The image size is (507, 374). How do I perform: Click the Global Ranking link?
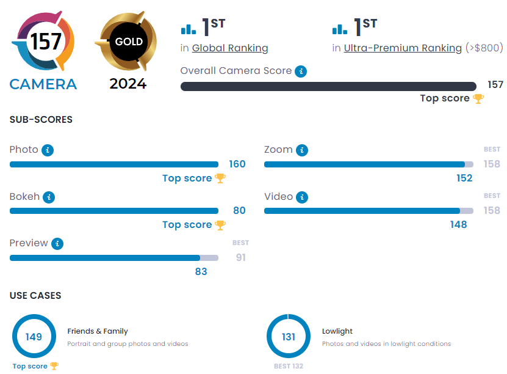pos(230,48)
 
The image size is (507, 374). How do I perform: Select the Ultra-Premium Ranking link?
pos(403,48)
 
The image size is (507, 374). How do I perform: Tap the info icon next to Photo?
pos(48,150)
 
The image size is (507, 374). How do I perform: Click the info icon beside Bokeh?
pos(49,197)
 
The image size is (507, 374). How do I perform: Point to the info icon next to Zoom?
pos(302,150)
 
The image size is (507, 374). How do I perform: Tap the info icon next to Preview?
pos(57,243)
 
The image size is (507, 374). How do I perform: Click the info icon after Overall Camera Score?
pos(301,71)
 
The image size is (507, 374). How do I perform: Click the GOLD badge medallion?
pos(128,42)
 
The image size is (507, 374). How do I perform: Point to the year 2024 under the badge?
pos(128,84)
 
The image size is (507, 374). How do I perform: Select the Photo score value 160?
pos(237,164)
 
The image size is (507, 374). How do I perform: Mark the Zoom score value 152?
pos(464,178)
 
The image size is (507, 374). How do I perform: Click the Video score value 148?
pos(458,224)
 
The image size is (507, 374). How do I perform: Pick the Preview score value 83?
pos(201,271)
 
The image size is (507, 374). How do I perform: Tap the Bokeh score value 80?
pos(239,210)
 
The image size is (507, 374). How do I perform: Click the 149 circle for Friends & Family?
pos(34,337)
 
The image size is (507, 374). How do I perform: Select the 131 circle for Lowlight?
pos(289,337)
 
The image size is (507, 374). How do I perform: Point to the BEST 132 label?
pos(289,366)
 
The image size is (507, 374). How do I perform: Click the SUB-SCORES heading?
pos(41,120)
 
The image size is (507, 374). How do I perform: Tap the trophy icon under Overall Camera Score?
pos(478,98)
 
